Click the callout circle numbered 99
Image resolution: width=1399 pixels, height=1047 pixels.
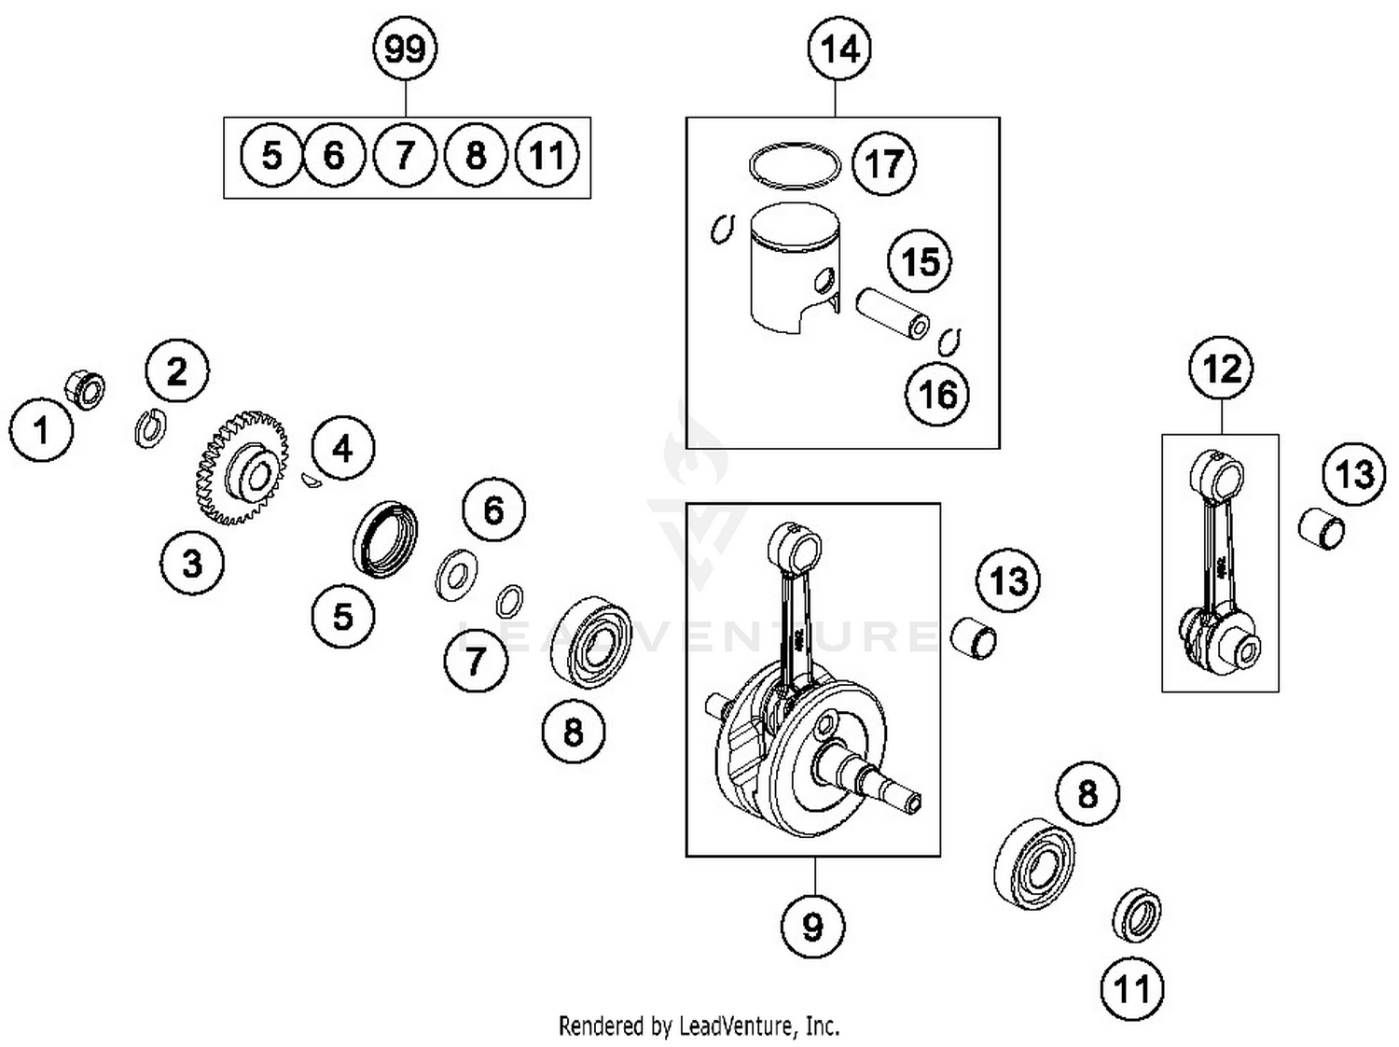pos(405,49)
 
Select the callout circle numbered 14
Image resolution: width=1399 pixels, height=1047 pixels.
pos(838,49)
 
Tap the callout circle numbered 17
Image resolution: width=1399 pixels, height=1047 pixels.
pos(884,164)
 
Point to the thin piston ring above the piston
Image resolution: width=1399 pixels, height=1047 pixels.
pos(794,165)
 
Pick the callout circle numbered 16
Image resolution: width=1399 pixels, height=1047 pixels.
pos(937,395)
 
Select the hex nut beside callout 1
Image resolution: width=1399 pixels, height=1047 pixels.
pos(84,389)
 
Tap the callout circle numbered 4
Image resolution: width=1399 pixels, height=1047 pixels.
pos(342,449)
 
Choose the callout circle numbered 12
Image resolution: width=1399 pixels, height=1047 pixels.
pos(1222,370)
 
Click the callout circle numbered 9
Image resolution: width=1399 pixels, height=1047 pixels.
pos(813,927)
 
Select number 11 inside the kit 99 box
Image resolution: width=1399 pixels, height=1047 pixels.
pos(547,155)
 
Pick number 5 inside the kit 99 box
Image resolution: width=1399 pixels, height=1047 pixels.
pos(271,155)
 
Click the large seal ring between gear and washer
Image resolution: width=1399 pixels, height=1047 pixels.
pos(384,538)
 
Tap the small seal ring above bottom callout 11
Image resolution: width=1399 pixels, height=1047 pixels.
pos(1137,914)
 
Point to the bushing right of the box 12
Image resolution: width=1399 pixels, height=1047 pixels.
pos(1322,529)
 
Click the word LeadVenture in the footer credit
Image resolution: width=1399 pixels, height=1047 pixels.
pos(737,1026)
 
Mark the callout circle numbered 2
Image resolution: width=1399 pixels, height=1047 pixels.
pos(177,371)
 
